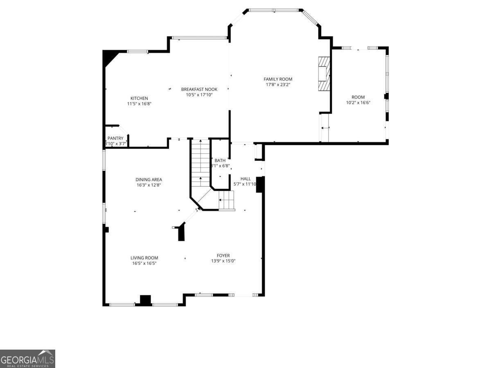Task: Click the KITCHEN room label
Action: tap(139, 98)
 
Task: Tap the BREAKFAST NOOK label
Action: tap(199, 89)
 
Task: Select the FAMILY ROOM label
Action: tap(278, 79)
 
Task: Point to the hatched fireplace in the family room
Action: tap(324, 73)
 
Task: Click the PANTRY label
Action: tap(115, 138)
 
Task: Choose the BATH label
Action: tap(220, 161)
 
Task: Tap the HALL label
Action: tap(245, 179)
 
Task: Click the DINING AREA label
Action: tap(149, 180)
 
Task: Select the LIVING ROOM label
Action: tap(144, 258)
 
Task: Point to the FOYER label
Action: tap(223, 256)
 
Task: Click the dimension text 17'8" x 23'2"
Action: tap(278, 85)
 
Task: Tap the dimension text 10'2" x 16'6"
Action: tap(358, 103)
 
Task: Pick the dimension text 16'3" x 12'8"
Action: tap(149, 185)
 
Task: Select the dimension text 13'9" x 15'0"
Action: tap(223, 261)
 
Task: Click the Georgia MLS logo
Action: tap(27, 359)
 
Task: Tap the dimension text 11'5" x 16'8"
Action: tap(139, 104)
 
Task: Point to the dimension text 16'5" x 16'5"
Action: tap(144, 264)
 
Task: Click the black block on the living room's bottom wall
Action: tap(145, 300)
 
